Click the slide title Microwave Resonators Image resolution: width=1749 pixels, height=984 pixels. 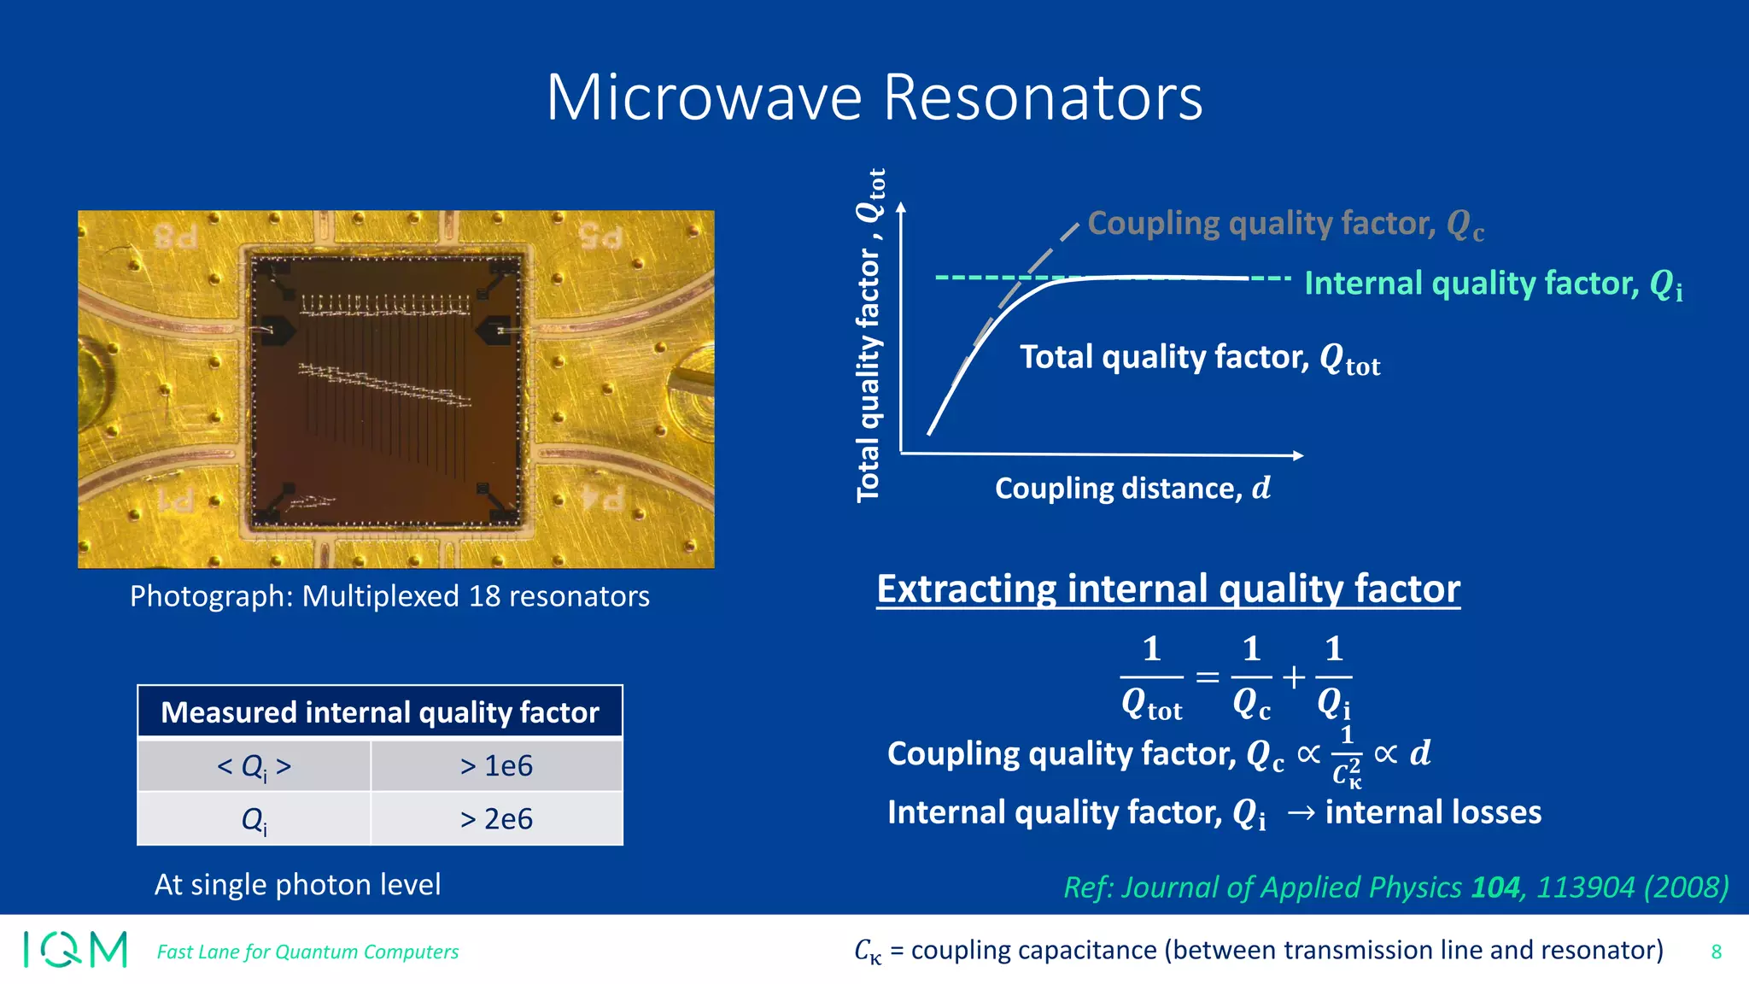click(874, 97)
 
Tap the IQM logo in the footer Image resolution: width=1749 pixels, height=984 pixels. click(75, 949)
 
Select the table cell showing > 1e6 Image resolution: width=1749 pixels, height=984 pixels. click(496, 765)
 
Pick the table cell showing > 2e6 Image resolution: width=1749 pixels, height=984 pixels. click(496, 819)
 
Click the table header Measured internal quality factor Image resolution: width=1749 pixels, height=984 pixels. click(380, 712)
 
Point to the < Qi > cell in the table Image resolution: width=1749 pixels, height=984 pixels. click(254, 766)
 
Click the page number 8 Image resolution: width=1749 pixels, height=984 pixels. click(1716, 952)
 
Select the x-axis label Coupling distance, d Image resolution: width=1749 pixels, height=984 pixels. click(1132, 489)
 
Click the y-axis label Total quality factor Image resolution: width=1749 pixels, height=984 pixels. click(869, 336)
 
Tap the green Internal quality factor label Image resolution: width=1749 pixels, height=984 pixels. click(1493, 284)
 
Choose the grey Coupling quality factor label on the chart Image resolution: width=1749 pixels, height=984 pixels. click(1285, 224)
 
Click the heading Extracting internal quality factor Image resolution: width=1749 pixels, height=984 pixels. click(1167, 589)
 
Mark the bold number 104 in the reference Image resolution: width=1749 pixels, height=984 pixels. click(1495, 887)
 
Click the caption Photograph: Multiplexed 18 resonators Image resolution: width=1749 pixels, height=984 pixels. click(389, 596)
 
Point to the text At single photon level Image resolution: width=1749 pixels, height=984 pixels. click(297, 885)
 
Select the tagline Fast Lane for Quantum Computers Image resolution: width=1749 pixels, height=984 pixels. click(307, 952)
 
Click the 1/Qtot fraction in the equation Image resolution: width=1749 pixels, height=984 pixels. click(1151, 677)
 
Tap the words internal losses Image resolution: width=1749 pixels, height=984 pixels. click(1433, 812)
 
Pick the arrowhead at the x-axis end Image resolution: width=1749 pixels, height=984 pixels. click(1298, 455)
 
